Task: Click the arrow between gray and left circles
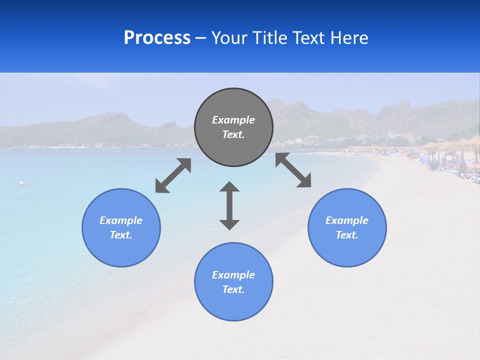(173, 175)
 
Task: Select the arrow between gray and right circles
(293, 170)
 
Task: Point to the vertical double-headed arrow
(229, 206)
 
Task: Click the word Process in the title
(157, 38)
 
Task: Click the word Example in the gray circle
(233, 120)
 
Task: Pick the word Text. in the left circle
(121, 235)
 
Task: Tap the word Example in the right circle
(347, 220)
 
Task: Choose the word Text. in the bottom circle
(233, 289)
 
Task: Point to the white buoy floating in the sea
(21, 183)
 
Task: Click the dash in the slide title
(200, 38)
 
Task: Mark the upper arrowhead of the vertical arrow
(229, 187)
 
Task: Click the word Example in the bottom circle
(233, 275)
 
